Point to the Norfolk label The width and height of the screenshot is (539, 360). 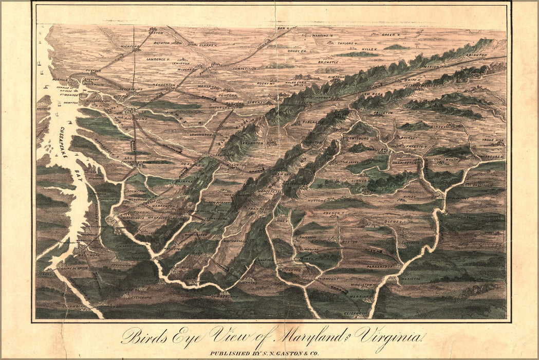[x=60, y=80]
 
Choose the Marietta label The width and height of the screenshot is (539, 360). [x=409, y=278]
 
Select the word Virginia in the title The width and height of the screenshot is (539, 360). [x=389, y=337]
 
